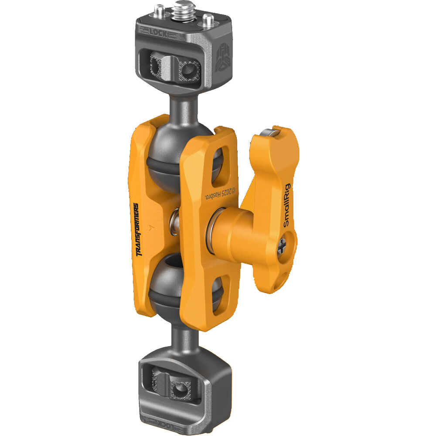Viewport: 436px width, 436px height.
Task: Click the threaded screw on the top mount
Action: (180, 9)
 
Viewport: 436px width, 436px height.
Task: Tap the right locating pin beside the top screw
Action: (208, 20)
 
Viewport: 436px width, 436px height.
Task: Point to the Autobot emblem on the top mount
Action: (222, 56)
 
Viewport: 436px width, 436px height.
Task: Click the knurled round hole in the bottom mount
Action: (179, 388)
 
